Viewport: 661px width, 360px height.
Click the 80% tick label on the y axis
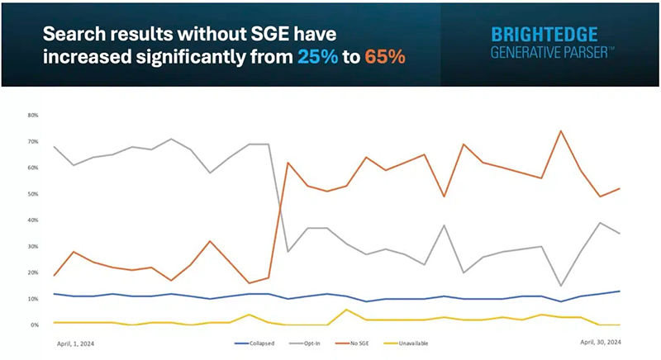[x=34, y=116]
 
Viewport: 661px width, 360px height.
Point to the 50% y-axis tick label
[x=34, y=194]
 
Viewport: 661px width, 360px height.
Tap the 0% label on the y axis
[x=36, y=325]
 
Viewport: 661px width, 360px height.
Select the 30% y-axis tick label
[x=34, y=247]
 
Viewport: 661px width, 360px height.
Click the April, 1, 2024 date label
[x=75, y=342]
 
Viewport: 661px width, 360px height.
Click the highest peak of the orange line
[x=561, y=130]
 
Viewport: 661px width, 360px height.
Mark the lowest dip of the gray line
[x=561, y=286]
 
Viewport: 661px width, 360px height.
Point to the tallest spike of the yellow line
[x=347, y=310]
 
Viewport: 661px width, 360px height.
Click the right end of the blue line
[x=620, y=291]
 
